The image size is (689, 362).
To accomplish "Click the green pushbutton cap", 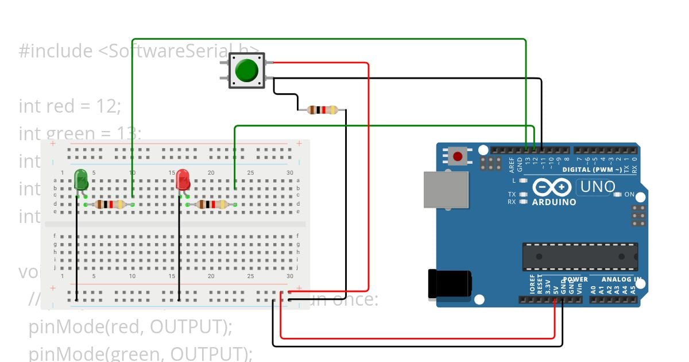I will pos(247,70).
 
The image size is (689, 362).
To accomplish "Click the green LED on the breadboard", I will pos(81,180).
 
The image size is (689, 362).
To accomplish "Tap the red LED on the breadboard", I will pos(183,180).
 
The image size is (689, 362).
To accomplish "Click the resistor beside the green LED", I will pos(109,204).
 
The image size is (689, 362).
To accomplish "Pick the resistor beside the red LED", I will pos(211,204).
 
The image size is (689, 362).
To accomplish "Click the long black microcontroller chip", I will pos(579,257).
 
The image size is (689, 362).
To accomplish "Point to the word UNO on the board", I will pos(597,187).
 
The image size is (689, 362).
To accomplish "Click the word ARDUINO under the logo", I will pos(553,202).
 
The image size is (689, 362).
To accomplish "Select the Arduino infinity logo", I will pos(551,187).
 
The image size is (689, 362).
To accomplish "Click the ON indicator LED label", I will pos(629,195).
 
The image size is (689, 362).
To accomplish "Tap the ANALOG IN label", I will pos(621,280).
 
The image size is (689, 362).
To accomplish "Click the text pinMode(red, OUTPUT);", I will pos(130,326).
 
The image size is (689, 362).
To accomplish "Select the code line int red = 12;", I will pos(70,106).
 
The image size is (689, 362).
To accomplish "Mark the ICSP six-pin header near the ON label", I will pos(637,215).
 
